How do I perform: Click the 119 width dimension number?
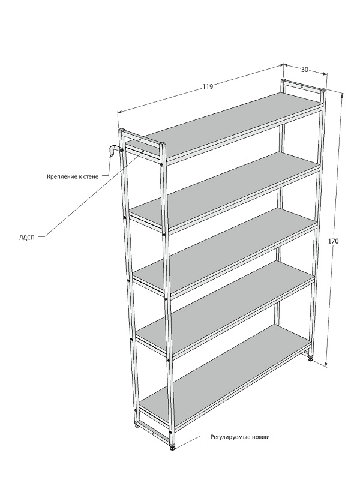pyautogui.click(x=208, y=86)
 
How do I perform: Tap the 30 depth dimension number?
pyautogui.click(x=304, y=70)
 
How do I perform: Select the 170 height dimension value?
pyautogui.click(x=334, y=241)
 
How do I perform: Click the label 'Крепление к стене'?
pyautogui.click(x=73, y=176)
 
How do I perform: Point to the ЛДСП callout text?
pyautogui.click(x=26, y=237)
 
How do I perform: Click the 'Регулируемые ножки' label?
pyautogui.click(x=240, y=437)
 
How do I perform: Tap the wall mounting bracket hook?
pyautogui.click(x=112, y=151)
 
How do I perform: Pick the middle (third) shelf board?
pyautogui.click(x=226, y=250)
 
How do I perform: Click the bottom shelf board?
pyautogui.click(x=226, y=372)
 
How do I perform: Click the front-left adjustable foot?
pyautogui.click(x=137, y=425)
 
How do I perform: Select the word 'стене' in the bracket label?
pyautogui.click(x=91, y=176)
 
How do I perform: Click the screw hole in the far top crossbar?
pyautogui.click(x=302, y=88)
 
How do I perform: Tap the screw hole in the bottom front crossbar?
pyautogui.click(x=153, y=433)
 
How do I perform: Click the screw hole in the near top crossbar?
pyautogui.click(x=139, y=140)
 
